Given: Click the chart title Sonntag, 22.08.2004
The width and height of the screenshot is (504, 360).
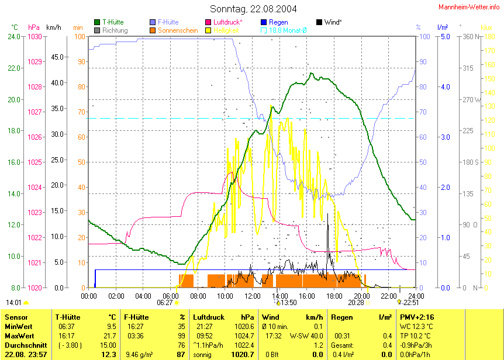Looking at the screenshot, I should click(253, 9).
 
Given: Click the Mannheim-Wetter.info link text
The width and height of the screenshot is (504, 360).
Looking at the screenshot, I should click(470, 5).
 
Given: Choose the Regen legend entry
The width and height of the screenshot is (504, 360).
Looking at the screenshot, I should click(278, 22).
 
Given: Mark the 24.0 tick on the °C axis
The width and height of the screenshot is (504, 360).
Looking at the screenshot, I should click(15, 37).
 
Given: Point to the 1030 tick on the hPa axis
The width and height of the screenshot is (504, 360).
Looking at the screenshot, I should click(34, 37).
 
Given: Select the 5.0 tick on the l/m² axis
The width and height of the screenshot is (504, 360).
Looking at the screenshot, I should click(444, 37).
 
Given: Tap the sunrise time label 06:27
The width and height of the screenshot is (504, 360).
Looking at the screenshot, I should click(165, 303).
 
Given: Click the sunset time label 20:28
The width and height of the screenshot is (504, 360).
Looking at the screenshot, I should click(355, 303).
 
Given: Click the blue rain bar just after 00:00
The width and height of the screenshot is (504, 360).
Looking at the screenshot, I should click(95, 279).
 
